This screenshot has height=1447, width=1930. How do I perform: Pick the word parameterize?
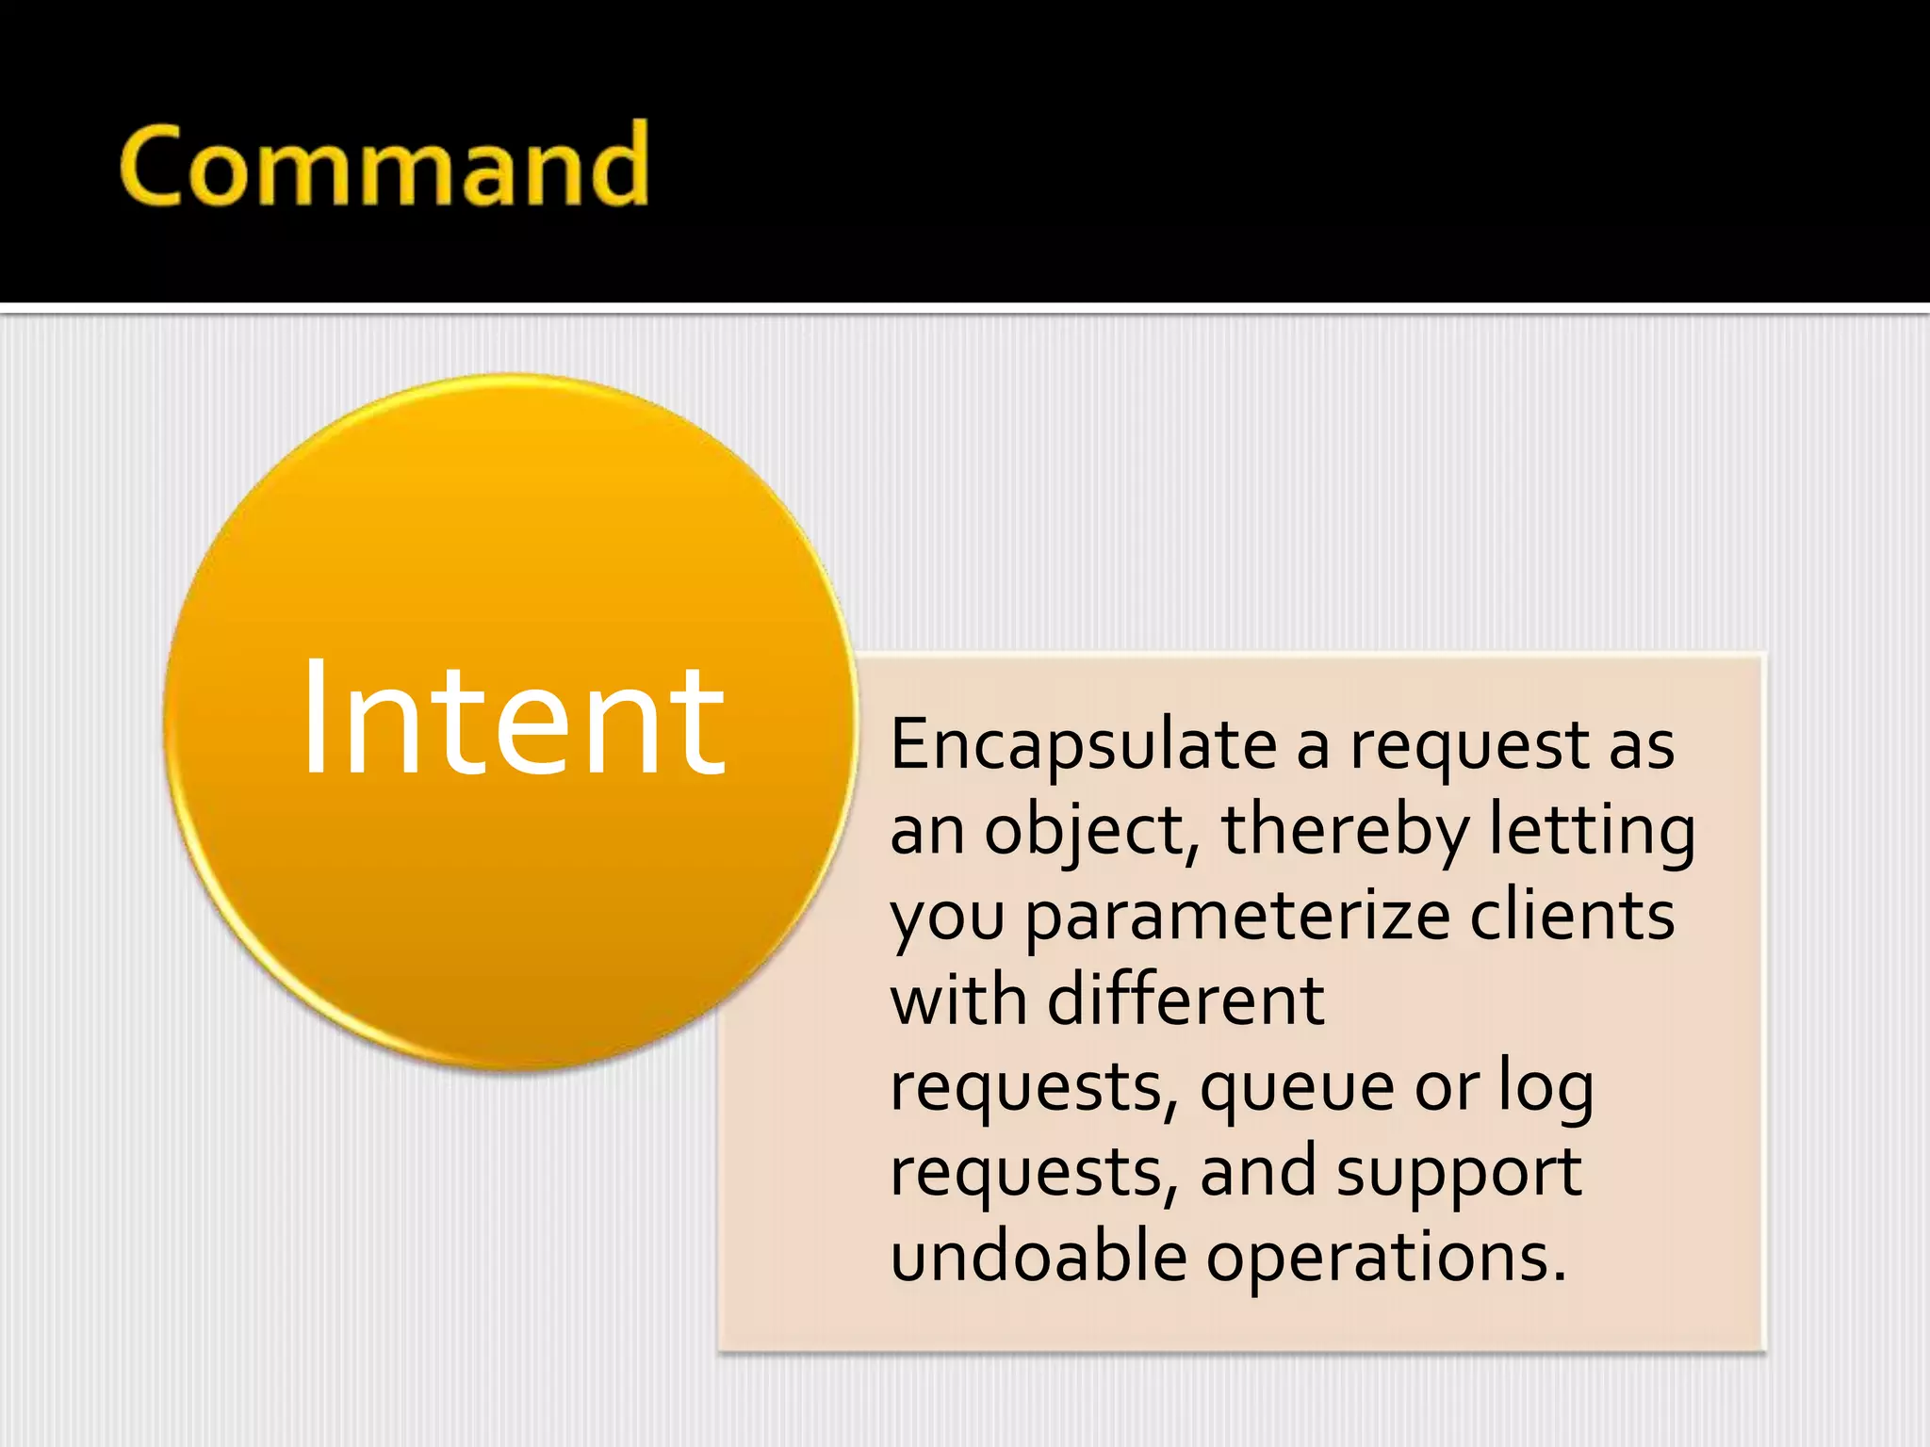tap(1236, 916)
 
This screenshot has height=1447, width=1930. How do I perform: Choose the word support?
tap(1459, 1174)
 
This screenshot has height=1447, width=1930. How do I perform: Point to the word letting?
tap(1593, 831)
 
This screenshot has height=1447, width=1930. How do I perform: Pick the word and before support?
tap(1257, 1172)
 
